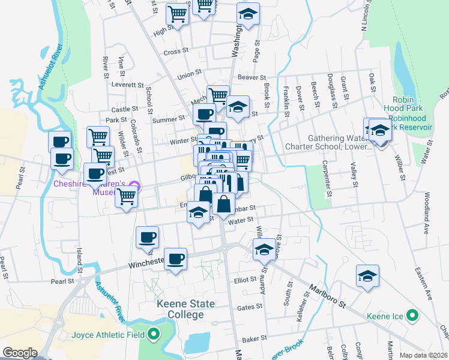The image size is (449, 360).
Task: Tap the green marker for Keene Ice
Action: [412, 315]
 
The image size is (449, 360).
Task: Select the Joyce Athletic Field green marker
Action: [154, 335]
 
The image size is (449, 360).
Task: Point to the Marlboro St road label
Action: [327, 295]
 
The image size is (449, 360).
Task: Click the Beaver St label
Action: [251, 78]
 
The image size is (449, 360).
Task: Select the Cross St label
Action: [176, 52]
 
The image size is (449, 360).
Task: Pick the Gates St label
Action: [250, 307]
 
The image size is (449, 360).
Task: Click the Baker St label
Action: [255, 339]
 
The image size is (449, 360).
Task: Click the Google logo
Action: [20, 353]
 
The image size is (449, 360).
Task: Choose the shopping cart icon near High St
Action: [178, 13]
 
